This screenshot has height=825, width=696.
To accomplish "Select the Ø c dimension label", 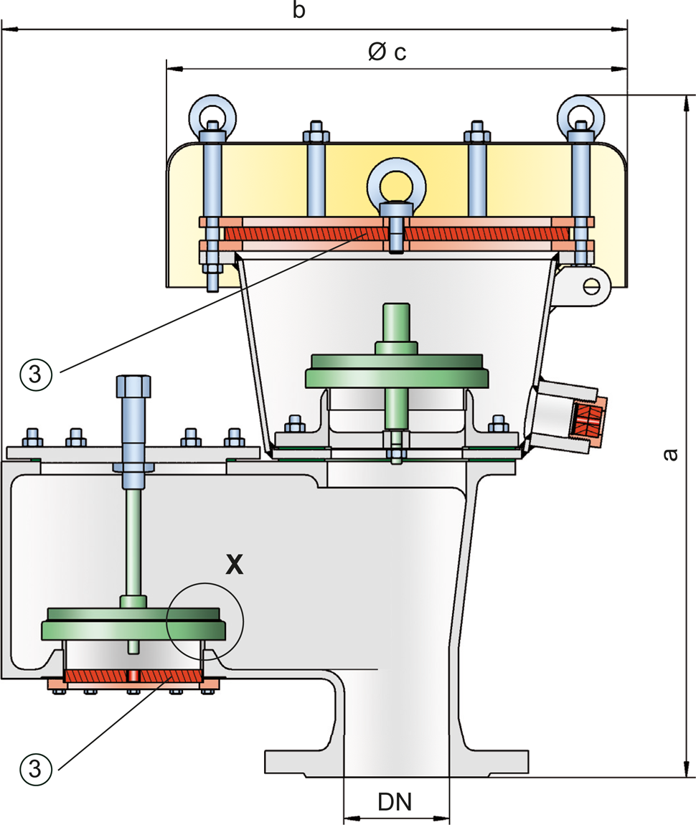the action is click(x=387, y=52).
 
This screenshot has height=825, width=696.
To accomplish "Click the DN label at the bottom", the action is click(x=395, y=801).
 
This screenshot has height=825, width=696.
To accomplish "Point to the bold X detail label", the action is click(x=234, y=564).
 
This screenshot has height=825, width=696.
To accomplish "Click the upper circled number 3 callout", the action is click(x=36, y=374).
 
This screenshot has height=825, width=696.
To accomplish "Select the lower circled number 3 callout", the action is click(x=36, y=769).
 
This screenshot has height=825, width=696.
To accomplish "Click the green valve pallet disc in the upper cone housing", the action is click(x=397, y=372).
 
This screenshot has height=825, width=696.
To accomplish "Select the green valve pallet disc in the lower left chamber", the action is click(x=133, y=624).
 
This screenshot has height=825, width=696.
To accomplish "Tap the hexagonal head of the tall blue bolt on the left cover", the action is click(x=133, y=386).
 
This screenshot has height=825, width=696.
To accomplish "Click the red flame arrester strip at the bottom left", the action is click(x=133, y=676).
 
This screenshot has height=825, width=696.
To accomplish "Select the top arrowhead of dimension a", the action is click(x=686, y=103).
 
